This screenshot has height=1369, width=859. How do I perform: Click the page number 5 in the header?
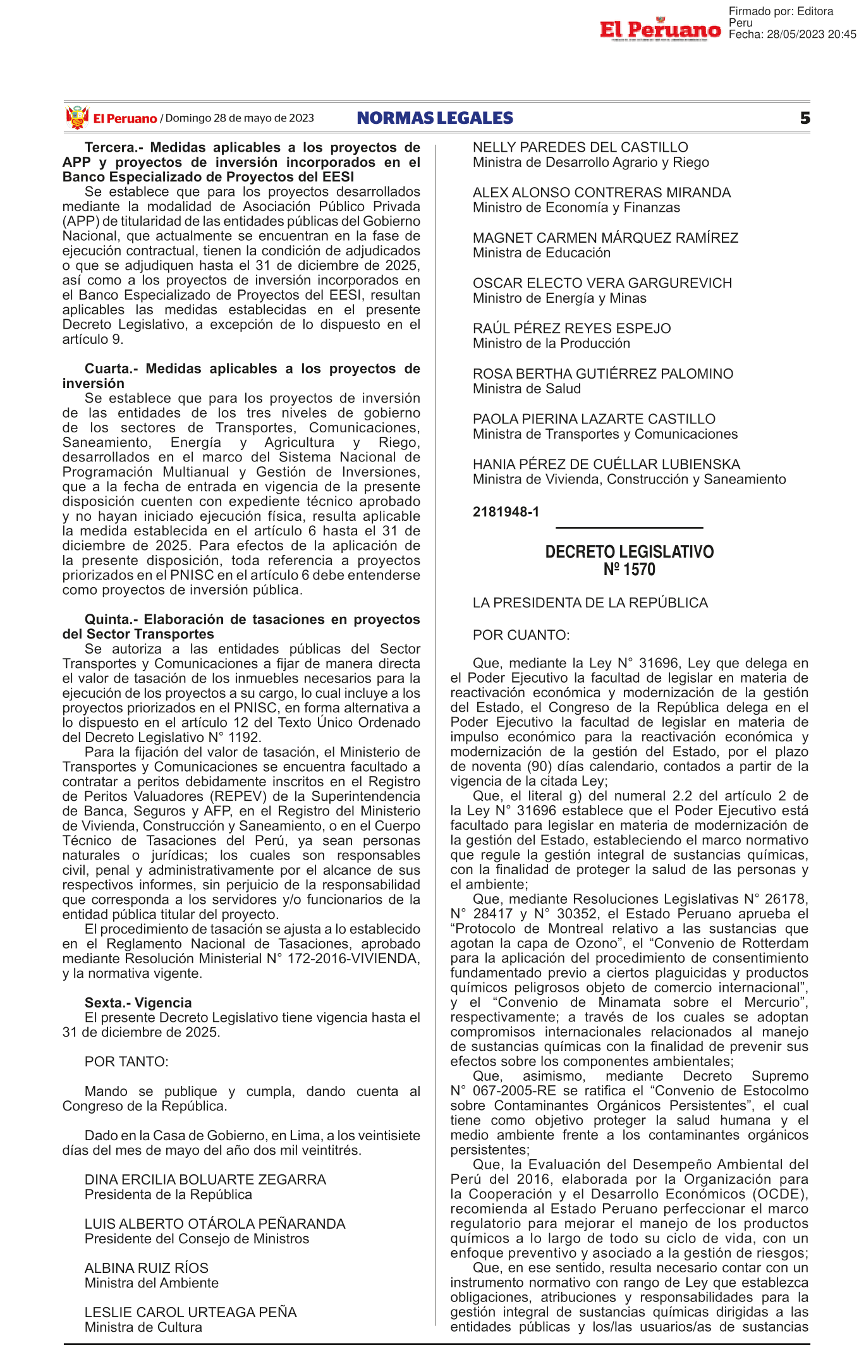point(805,118)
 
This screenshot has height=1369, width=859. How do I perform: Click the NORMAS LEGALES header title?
point(435,118)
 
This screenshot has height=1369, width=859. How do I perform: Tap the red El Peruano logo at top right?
point(660,29)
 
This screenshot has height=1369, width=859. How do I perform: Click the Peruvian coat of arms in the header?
point(77,118)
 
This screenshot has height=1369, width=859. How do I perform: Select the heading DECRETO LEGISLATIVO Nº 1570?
point(629,561)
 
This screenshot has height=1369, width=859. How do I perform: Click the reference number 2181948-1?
point(506,512)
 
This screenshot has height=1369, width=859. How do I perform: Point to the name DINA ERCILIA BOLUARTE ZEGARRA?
point(205,1179)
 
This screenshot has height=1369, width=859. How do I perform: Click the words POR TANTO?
point(126,1061)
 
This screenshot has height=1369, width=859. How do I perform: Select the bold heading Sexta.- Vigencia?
point(138,1002)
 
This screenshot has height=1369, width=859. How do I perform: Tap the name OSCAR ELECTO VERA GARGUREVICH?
point(602,283)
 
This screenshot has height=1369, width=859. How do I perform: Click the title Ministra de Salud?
point(527,389)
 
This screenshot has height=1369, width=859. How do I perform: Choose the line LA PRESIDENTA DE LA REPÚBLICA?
point(590,603)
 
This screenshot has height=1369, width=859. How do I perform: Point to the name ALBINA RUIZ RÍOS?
point(146,1268)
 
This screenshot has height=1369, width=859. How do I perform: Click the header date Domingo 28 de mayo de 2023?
point(240,118)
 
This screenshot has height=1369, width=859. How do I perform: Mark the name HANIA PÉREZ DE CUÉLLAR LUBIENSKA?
point(606,465)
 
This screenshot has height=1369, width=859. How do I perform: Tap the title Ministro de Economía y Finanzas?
point(576,207)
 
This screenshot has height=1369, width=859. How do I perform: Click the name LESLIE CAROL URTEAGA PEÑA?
point(190,1312)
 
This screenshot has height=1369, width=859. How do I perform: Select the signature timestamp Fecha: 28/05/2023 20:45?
point(792,35)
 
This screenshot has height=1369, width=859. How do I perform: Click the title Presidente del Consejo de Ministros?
point(197,1239)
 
